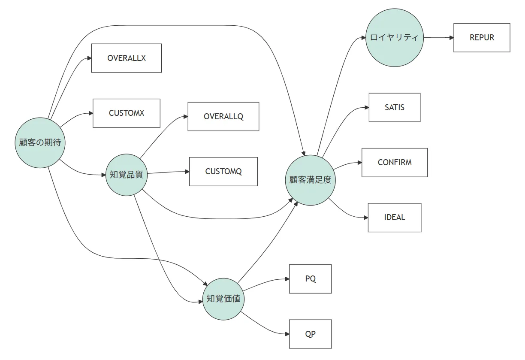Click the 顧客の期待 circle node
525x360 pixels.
coord(40,143)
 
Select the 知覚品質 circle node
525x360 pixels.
coord(127,175)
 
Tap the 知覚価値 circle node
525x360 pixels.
coord(223,299)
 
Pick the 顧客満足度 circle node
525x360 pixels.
coord(310,180)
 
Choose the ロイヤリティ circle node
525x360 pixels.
coord(395,38)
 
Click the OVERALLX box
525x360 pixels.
coord(127,58)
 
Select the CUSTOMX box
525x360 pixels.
coord(127,113)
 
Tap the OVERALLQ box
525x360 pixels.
coord(223,117)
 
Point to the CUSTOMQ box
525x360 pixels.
coord(223,172)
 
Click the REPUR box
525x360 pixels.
coord(482,38)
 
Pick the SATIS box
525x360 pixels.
coord(395,108)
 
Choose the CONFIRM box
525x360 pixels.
coord(395,163)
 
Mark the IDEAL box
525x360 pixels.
coord(395,218)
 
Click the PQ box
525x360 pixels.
coord(310,279)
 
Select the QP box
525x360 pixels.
coord(310,334)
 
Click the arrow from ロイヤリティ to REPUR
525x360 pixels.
coord(438,38)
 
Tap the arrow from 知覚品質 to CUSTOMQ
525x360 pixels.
coord(168,172)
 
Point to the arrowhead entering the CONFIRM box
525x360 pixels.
coord(359,163)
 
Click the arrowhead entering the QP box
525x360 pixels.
coord(287,334)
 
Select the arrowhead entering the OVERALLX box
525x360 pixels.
coord(89,58)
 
